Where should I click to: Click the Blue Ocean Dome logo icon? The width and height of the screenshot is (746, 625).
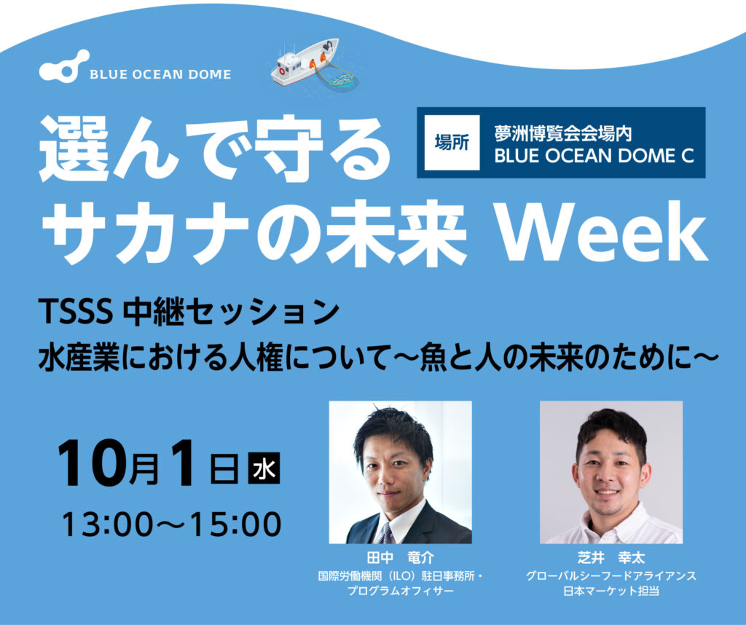pyautogui.click(x=64, y=66)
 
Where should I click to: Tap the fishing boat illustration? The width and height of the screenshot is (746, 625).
pyautogui.click(x=305, y=63)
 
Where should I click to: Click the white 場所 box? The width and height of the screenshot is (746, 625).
pyautogui.click(x=452, y=142)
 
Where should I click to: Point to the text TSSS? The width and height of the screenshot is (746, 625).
pyautogui.click(x=75, y=312)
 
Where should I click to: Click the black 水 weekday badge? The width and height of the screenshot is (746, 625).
pyautogui.click(x=264, y=469)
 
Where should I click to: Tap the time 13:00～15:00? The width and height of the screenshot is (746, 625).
pyautogui.click(x=171, y=524)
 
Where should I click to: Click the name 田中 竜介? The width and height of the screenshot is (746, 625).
pyautogui.click(x=400, y=557)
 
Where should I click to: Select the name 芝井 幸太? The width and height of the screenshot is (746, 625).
pyautogui.click(x=611, y=557)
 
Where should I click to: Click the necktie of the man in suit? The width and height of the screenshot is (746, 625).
pyautogui.click(x=387, y=534)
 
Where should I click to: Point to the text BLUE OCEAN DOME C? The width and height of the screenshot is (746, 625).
pyautogui.click(x=594, y=156)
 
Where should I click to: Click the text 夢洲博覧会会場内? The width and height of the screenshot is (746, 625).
pyautogui.click(x=563, y=133)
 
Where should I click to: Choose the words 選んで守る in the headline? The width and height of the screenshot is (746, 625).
pyautogui.click(x=215, y=149)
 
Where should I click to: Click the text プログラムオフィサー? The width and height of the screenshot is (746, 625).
pyautogui.click(x=400, y=591)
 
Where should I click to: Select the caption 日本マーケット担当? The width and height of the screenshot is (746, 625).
pyautogui.click(x=611, y=591)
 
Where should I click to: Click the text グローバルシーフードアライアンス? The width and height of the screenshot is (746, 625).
pyautogui.click(x=611, y=576)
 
